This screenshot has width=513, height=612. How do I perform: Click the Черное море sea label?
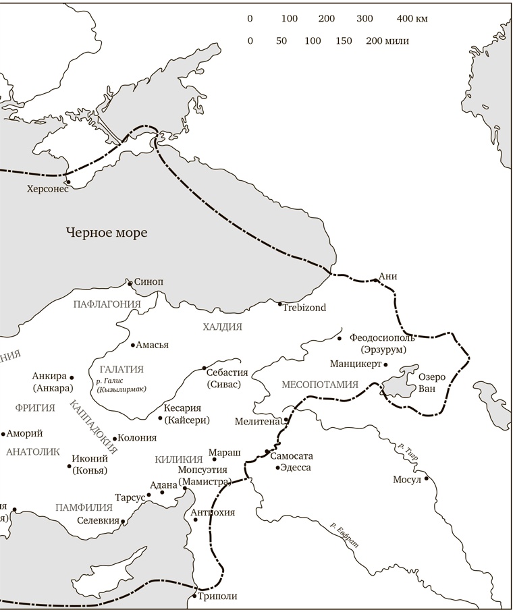[x=107, y=233]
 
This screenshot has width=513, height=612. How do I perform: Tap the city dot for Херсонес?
[x=67, y=182]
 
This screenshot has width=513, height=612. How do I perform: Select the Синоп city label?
[x=149, y=282]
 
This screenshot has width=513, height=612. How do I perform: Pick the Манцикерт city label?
[x=355, y=364]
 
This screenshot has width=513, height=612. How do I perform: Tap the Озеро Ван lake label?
[x=432, y=382]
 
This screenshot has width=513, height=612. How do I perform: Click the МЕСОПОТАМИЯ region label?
[x=319, y=385]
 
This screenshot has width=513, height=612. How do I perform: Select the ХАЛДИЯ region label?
[x=222, y=327]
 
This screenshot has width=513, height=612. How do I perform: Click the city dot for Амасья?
[x=132, y=345]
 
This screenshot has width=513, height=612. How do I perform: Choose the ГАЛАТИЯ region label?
[x=122, y=369]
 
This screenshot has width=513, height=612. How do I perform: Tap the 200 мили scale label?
[x=387, y=40]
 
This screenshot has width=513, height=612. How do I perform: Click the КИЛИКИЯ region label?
[x=179, y=459]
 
